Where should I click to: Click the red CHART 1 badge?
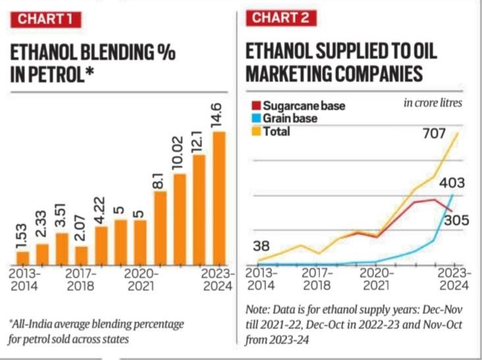point(45,19)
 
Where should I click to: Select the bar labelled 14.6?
point(219,197)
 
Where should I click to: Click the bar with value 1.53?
point(22,257)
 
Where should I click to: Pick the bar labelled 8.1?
point(160,228)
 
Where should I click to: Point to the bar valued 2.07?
point(82,255)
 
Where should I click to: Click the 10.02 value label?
point(180,153)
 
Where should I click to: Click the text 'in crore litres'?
point(433,103)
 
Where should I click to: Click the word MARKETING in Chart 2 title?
point(291,74)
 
